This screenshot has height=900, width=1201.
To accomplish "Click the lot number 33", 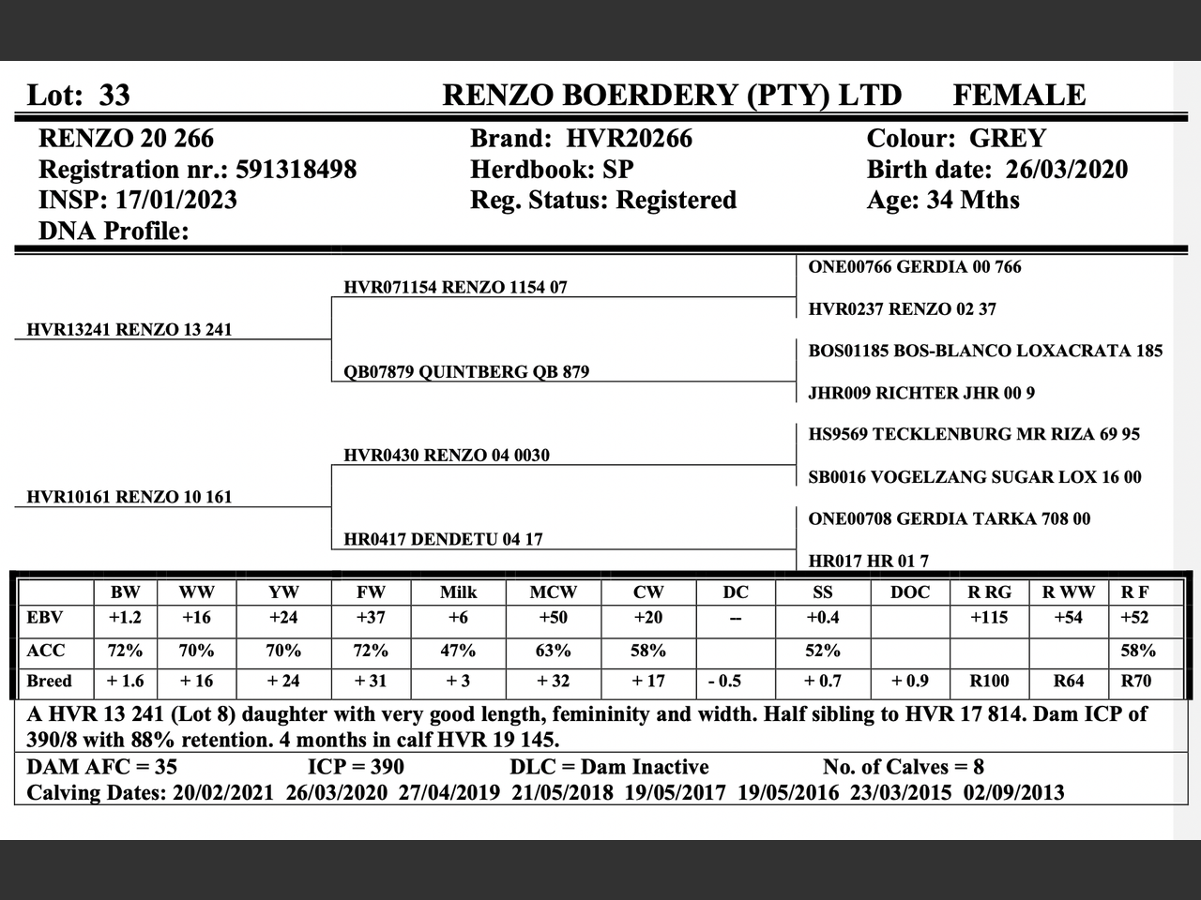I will [x=114, y=96].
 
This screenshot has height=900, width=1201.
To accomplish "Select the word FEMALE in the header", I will [x=1019, y=96].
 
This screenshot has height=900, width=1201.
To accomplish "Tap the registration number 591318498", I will [x=296, y=170].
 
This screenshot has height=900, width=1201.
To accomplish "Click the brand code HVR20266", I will [x=629, y=139].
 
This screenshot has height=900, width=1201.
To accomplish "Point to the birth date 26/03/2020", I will [x=1067, y=170].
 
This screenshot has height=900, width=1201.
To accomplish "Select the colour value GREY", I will [x=1007, y=139].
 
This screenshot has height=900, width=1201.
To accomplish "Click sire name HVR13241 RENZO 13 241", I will [x=129, y=329].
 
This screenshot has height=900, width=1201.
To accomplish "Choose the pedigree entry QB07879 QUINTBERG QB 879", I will [x=466, y=371].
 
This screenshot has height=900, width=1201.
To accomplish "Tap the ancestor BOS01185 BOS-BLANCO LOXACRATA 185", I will [x=985, y=351].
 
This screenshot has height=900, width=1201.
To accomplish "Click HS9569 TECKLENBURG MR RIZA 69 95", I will [x=974, y=434].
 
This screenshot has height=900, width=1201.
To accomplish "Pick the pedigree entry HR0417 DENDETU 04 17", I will [x=443, y=539].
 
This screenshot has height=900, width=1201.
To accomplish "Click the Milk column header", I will [x=458, y=592].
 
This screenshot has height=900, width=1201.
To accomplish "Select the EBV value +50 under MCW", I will [x=553, y=618].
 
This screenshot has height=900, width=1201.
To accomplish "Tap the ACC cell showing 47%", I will [x=458, y=651].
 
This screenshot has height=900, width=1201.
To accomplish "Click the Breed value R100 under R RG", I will [x=989, y=682].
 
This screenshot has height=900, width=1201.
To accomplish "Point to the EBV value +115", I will [x=989, y=618].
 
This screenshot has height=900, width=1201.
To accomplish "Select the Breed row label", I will [x=49, y=682].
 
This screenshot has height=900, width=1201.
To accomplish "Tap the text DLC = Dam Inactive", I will [x=609, y=767].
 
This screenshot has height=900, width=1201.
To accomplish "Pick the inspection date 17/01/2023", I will [x=176, y=201].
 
